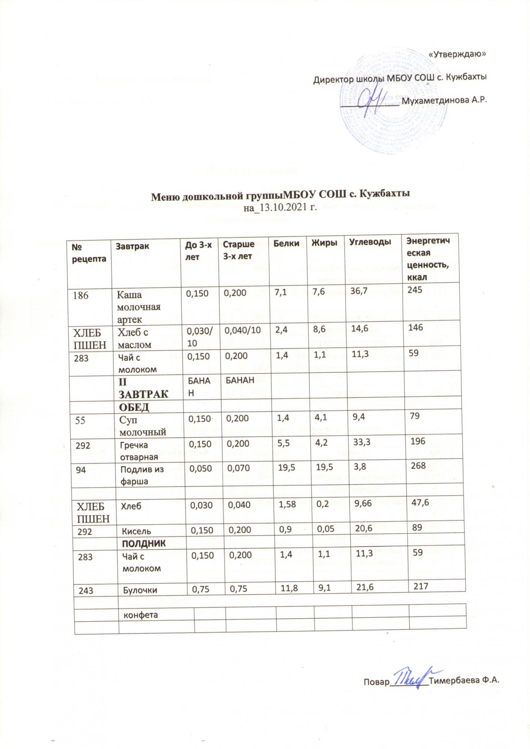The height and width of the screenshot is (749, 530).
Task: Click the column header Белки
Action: pos(287,244)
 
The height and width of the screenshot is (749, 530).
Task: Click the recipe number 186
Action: pos(81,295)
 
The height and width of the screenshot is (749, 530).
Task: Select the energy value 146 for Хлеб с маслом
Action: pos(416,327)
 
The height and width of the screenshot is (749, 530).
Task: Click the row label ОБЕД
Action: pos(134,407)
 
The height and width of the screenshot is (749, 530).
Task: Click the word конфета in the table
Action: pos(139,615)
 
